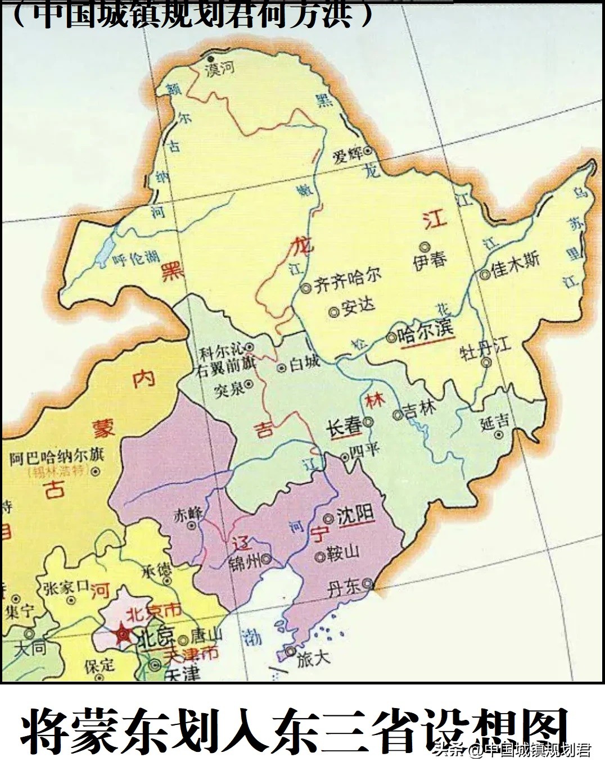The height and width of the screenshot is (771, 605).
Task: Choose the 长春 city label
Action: point(344,426)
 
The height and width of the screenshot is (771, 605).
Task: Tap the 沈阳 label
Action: point(355,516)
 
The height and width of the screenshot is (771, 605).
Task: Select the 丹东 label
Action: point(344,588)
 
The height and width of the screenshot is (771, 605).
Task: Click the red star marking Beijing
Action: point(122,635)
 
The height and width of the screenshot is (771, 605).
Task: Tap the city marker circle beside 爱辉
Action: point(368,150)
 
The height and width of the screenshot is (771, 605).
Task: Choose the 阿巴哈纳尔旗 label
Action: point(56,457)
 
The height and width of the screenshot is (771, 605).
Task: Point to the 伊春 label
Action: point(430,261)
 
